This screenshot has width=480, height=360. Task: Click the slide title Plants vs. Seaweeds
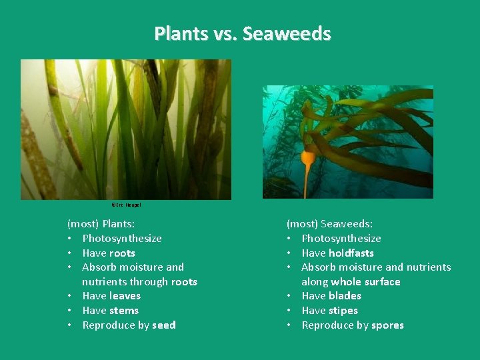click(x=242, y=33)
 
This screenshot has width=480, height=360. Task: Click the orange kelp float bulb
click(x=308, y=158)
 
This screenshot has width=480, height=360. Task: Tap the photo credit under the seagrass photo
click(x=126, y=205)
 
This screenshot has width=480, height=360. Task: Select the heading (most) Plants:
click(x=101, y=224)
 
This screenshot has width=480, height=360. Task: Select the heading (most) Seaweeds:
click(x=329, y=224)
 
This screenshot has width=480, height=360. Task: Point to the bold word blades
click(x=345, y=296)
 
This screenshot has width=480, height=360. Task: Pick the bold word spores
click(x=388, y=325)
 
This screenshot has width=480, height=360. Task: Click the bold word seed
click(x=163, y=325)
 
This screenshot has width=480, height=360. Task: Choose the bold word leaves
click(x=125, y=296)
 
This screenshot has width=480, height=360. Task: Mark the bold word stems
click(x=124, y=311)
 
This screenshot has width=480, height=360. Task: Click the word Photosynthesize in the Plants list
click(x=122, y=239)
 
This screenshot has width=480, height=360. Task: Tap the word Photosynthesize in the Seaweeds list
click(x=341, y=239)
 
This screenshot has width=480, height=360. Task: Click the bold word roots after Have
click(x=123, y=253)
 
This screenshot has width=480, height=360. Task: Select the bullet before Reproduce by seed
click(x=70, y=325)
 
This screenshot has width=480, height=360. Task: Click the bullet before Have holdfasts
click(x=289, y=253)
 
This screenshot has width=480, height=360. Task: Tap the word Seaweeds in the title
click(x=287, y=33)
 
